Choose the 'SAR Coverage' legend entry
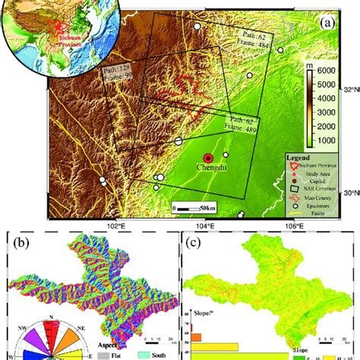(x=319, y=187)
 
